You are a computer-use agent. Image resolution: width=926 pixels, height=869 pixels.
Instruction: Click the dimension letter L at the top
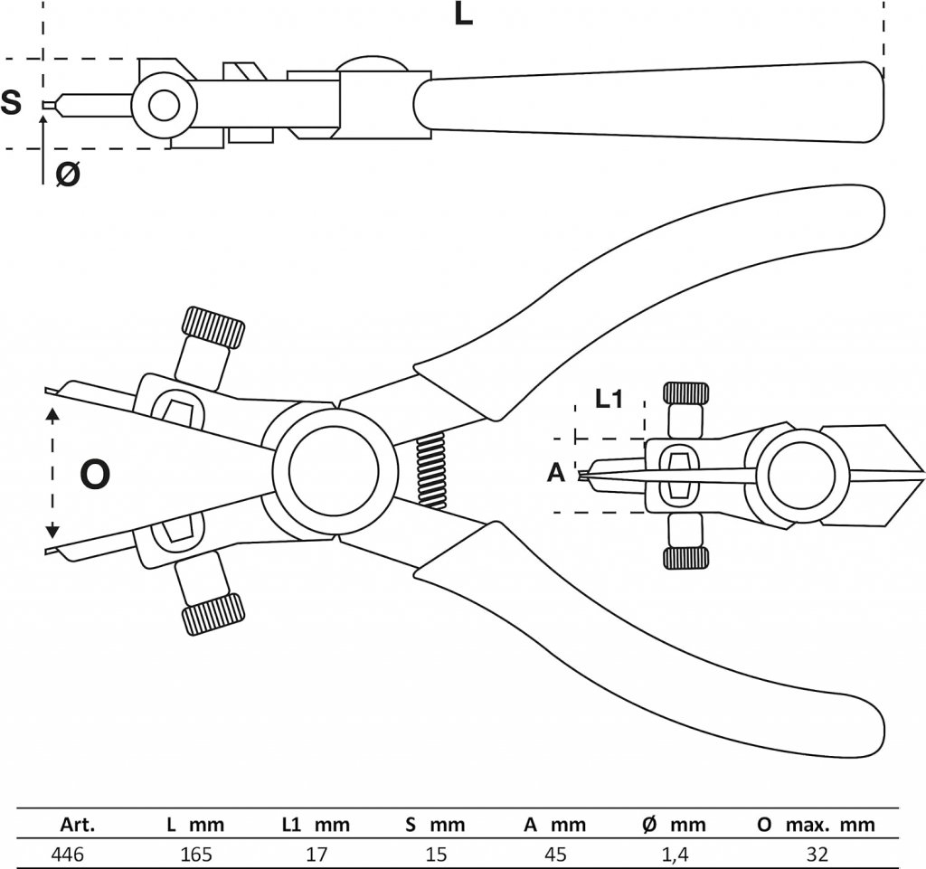click(x=463, y=15)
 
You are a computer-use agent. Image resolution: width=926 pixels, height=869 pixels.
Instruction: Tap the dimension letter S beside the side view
click(x=12, y=103)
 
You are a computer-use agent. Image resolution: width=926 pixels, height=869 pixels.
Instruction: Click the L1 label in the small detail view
click(x=609, y=398)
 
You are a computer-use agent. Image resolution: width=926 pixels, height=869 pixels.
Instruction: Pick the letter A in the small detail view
click(x=556, y=472)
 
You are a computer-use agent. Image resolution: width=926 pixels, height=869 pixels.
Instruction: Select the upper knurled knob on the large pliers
click(x=213, y=327)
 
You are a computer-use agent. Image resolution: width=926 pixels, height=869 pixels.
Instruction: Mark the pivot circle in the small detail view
click(x=802, y=474)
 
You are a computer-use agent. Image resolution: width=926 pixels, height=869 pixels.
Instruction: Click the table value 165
click(x=195, y=853)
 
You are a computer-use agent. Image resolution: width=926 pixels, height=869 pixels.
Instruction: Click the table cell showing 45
click(x=554, y=853)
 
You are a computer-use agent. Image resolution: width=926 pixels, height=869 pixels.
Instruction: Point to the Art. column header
click(x=77, y=824)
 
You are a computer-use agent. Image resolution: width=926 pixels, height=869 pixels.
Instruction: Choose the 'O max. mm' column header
click(x=816, y=824)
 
